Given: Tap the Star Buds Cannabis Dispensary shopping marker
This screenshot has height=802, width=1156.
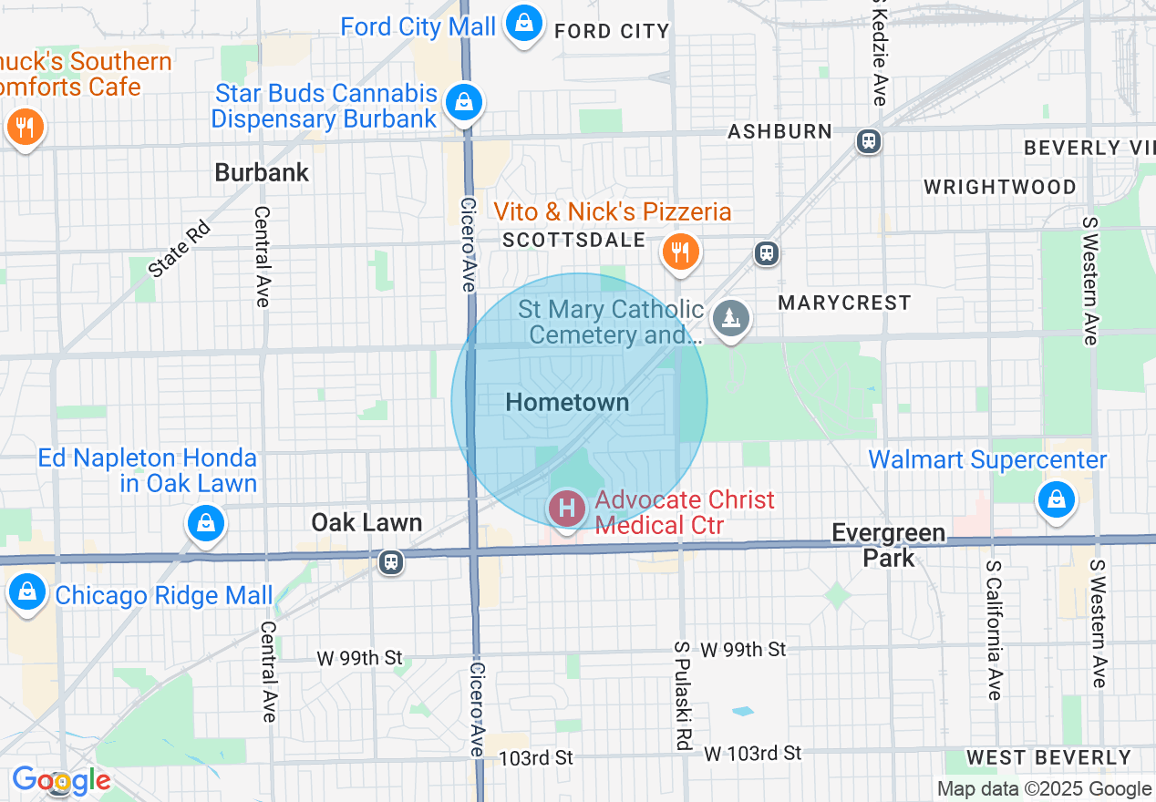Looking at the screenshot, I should [464, 102].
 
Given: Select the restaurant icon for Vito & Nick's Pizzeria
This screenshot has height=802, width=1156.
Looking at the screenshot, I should [680, 251].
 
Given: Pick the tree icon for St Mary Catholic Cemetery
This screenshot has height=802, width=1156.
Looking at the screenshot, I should [730, 318].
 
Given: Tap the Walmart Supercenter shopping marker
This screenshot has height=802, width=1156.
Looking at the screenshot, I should [1055, 499].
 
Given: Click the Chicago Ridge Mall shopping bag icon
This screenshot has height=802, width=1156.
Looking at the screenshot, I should [27, 591].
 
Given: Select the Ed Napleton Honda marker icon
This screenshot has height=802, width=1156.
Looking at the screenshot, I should [206, 523].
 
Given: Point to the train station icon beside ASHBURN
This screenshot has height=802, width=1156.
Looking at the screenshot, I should [869, 140].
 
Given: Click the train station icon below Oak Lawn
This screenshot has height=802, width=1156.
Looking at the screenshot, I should [392, 562].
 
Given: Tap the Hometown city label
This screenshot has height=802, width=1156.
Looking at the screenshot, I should [567, 402].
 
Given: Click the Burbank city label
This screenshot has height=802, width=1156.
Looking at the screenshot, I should [262, 172].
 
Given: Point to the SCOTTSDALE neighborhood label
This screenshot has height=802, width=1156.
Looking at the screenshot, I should [574, 240].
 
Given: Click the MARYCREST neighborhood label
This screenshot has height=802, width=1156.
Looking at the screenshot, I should [844, 303].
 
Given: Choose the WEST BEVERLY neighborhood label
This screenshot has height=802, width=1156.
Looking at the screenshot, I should [1048, 757].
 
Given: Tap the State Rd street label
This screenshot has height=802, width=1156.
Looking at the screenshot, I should [180, 249].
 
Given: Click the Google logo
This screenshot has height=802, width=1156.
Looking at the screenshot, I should [61, 779].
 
